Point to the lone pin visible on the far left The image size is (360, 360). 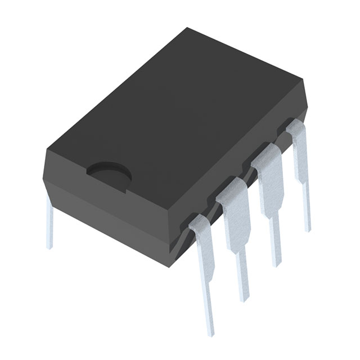point(49,225)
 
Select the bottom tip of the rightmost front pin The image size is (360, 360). point(307,228)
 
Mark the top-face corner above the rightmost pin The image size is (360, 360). point(304,80)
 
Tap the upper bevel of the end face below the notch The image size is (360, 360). point(112,194)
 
